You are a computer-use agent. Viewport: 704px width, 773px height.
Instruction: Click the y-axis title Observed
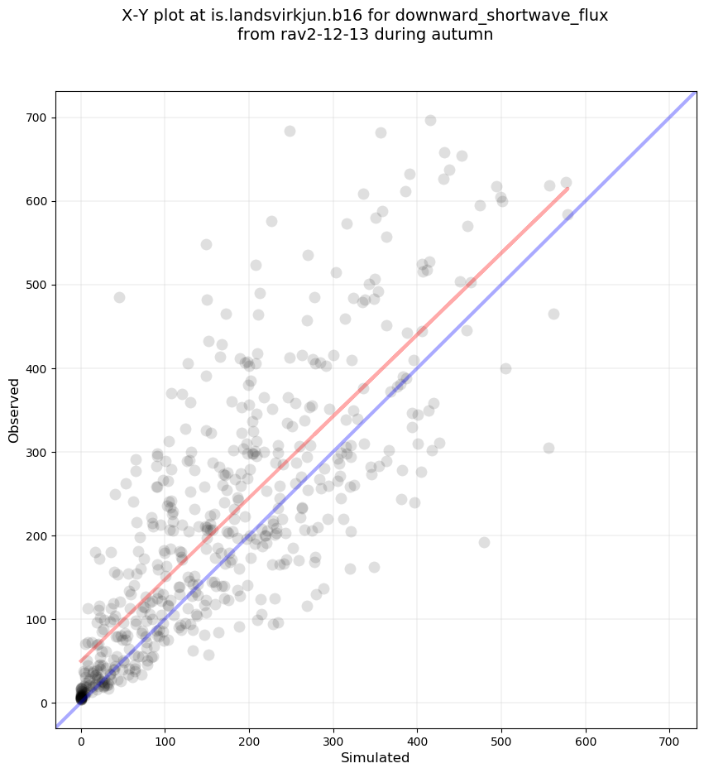[x=14, y=410]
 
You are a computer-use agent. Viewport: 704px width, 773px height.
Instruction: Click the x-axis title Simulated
[x=376, y=757]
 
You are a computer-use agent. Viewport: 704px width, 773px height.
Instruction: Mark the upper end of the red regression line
[x=568, y=189]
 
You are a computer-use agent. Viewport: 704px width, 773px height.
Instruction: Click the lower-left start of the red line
[x=81, y=661]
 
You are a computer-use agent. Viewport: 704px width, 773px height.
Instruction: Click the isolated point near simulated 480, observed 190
[x=484, y=542]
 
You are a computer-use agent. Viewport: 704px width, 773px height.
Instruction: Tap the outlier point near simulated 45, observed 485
[x=119, y=297]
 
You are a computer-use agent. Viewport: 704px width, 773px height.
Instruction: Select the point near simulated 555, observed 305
[x=548, y=448]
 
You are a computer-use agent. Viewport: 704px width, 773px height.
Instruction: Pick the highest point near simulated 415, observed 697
[x=430, y=120]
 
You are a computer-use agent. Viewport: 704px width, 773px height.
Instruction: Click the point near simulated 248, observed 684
[x=290, y=131]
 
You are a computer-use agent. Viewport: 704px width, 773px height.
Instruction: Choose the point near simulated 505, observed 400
[x=505, y=368]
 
